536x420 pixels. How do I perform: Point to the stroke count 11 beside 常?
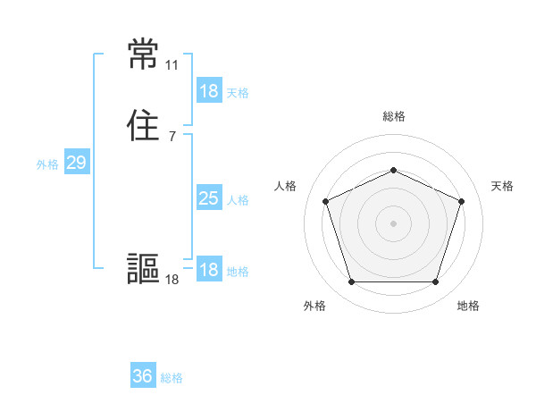click(172, 65)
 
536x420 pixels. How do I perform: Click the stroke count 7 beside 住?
click(172, 136)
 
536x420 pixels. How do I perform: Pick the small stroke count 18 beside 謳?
click(172, 280)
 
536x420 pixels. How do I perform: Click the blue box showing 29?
click(76, 163)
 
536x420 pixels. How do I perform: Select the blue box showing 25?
click(208, 198)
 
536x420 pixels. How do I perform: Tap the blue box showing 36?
click(143, 376)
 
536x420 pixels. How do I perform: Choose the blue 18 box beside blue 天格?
click(208, 91)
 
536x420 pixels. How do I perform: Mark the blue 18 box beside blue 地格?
click(208, 270)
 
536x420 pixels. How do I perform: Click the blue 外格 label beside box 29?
click(47, 164)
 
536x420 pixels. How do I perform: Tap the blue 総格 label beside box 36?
click(172, 378)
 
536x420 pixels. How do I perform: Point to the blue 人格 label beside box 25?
click(238, 200)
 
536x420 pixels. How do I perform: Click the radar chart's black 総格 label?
click(393, 116)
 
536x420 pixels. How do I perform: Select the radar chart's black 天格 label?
click(503, 186)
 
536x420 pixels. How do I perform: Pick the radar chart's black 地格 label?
click(468, 306)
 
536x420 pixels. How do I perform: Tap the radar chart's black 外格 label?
click(314, 306)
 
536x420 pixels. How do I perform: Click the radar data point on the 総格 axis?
click(393, 170)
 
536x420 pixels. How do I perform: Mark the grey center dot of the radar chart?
click(393, 223)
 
